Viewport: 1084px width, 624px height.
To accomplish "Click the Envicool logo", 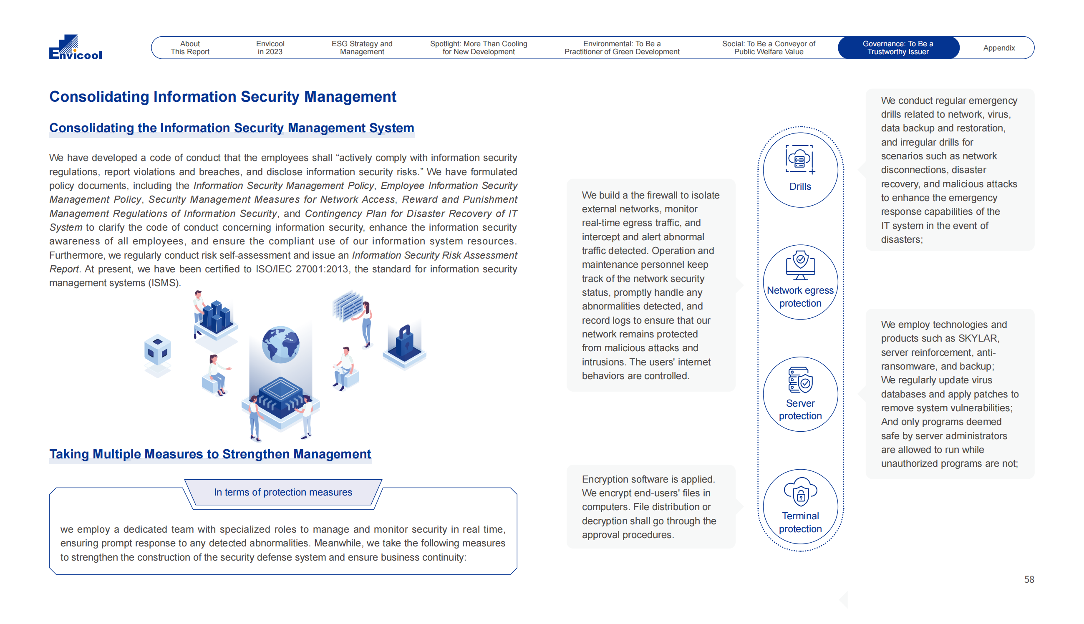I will point(76,47).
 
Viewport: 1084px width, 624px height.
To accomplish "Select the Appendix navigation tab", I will point(998,48).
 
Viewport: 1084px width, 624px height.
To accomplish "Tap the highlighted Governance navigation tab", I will point(897,48).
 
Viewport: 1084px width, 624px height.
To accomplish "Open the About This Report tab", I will point(190,48).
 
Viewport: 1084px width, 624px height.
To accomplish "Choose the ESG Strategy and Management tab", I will point(362,48).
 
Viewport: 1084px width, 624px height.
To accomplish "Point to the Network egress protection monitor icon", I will point(800,265).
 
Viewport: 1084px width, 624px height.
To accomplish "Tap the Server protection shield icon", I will point(800,380).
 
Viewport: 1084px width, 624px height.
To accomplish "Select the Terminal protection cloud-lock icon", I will point(800,492).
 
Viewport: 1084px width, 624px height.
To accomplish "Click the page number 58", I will point(1028,579).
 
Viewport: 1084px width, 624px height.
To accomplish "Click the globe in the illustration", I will point(281,345).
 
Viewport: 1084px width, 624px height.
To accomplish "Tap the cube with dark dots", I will point(157,350).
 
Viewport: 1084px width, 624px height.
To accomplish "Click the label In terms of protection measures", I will point(283,493).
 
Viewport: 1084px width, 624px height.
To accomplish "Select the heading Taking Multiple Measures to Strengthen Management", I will point(210,454).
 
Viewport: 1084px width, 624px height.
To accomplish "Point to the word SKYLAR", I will point(978,339).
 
